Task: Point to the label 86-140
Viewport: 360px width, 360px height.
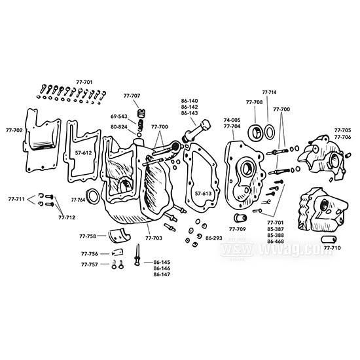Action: (190, 100)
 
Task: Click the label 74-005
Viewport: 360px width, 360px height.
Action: (232, 120)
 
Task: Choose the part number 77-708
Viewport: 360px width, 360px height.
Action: (255, 103)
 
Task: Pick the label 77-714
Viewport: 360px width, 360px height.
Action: (269, 92)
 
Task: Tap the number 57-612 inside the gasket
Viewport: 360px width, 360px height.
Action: (83, 152)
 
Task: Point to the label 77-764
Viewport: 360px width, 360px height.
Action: (78, 199)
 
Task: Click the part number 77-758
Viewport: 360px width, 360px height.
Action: (88, 236)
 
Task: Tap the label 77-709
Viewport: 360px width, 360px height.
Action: (238, 230)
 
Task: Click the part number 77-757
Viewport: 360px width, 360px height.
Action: (90, 264)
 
